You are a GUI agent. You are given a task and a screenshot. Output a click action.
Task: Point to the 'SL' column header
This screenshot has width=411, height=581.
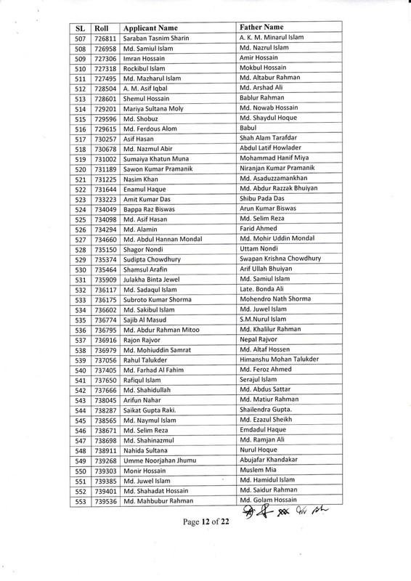[x=81, y=27]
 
